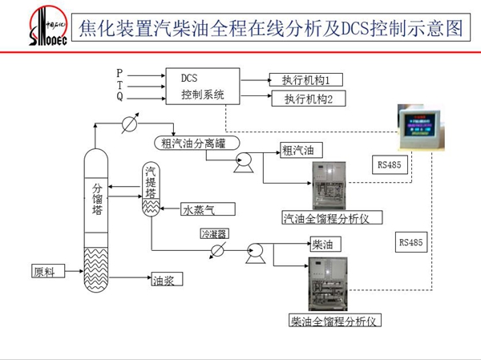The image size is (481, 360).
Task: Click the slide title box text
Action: coord(271,30)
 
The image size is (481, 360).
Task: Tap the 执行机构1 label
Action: coord(306,80)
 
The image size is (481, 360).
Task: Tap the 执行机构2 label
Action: coord(308,99)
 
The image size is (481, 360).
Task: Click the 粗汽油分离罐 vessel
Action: coord(201,143)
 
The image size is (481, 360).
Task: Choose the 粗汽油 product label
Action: coord(301,150)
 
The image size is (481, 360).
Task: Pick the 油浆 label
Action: coord(165,281)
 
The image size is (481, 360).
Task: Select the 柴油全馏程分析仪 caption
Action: coord(333,321)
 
